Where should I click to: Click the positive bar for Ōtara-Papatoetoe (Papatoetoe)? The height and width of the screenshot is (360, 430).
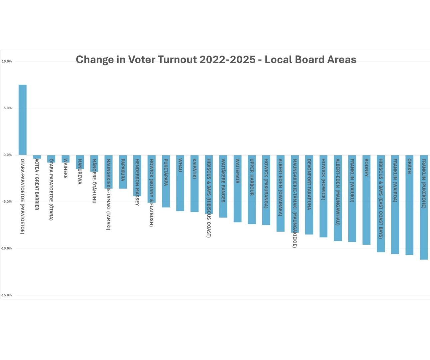[22, 120]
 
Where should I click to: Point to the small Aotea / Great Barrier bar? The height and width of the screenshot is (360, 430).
[37, 157]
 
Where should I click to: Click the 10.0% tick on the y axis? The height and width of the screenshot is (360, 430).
[7, 61]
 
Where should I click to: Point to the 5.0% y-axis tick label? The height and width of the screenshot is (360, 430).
[7, 108]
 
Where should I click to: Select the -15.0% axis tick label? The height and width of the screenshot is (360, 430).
[6, 295]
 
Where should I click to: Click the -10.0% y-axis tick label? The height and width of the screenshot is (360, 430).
[6, 248]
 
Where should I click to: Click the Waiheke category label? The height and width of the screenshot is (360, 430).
[65, 169]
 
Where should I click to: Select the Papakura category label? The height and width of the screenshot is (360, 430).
[123, 170]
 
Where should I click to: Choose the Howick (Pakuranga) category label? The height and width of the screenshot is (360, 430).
[266, 183]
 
